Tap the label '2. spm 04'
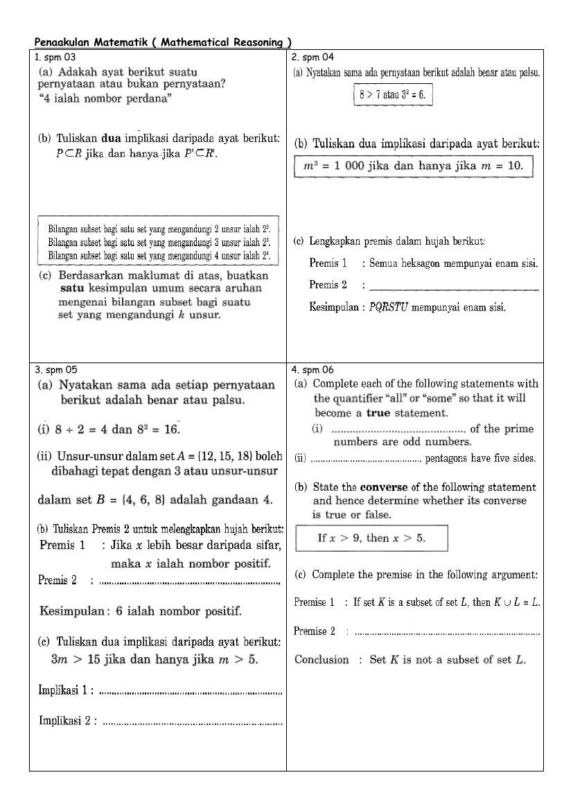[312, 58]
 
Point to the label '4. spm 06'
[313, 370]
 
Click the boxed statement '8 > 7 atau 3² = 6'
[392, 95]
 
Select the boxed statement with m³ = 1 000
[414, 166]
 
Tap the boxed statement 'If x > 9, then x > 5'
[371, 538]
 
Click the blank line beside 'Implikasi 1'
[191, 691]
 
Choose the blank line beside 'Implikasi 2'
[193, 722]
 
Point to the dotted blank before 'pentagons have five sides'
[366, 459]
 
